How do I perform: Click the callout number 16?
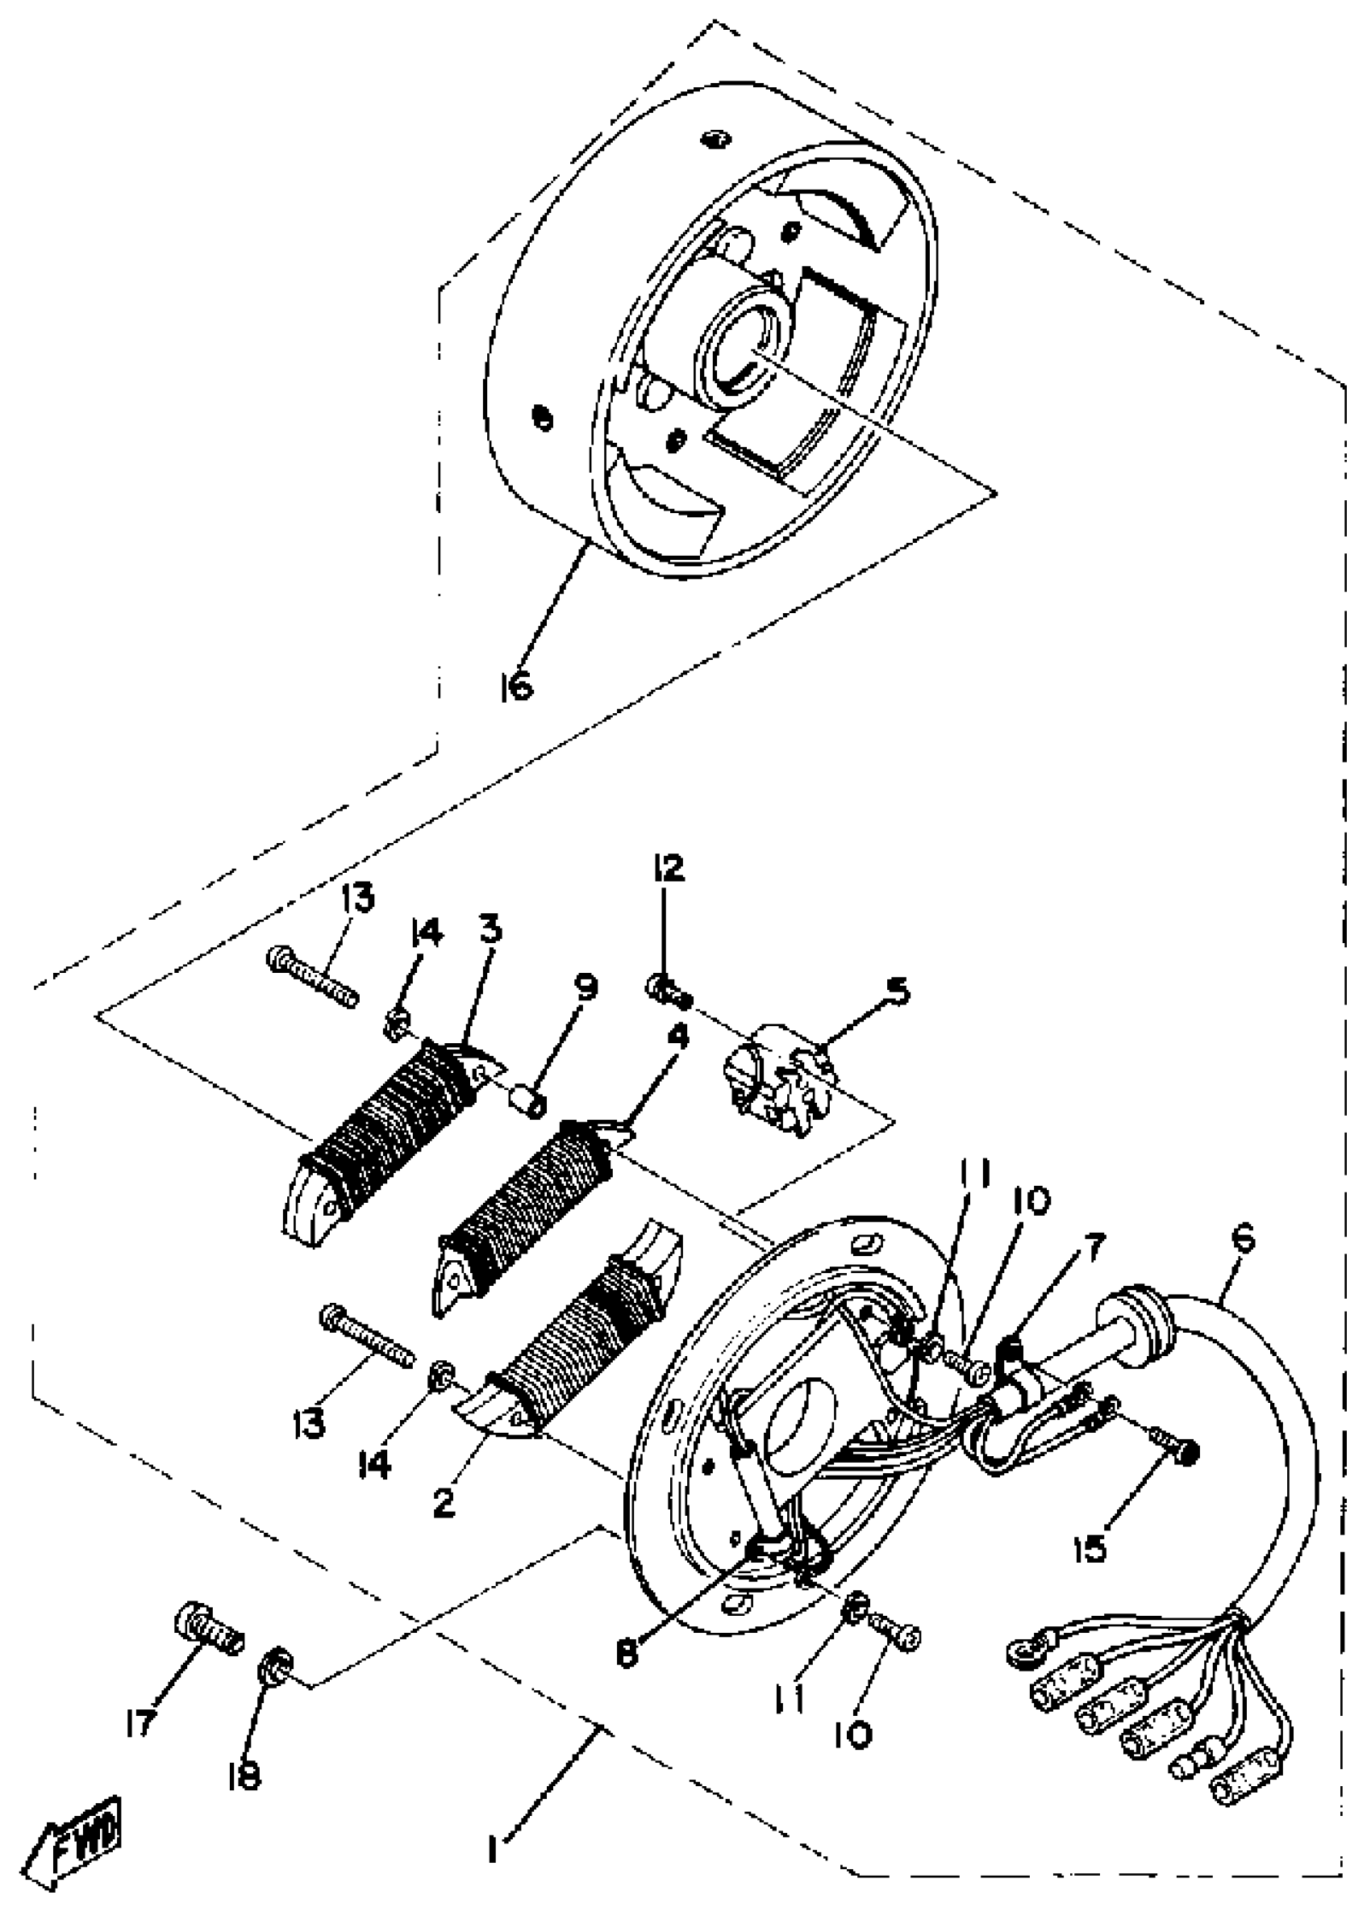(x=516, y=687)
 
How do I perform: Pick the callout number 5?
(x=898, y=991)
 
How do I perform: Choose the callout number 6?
(x=1243, y=1239)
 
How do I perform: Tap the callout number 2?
(x=444, y=1502)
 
